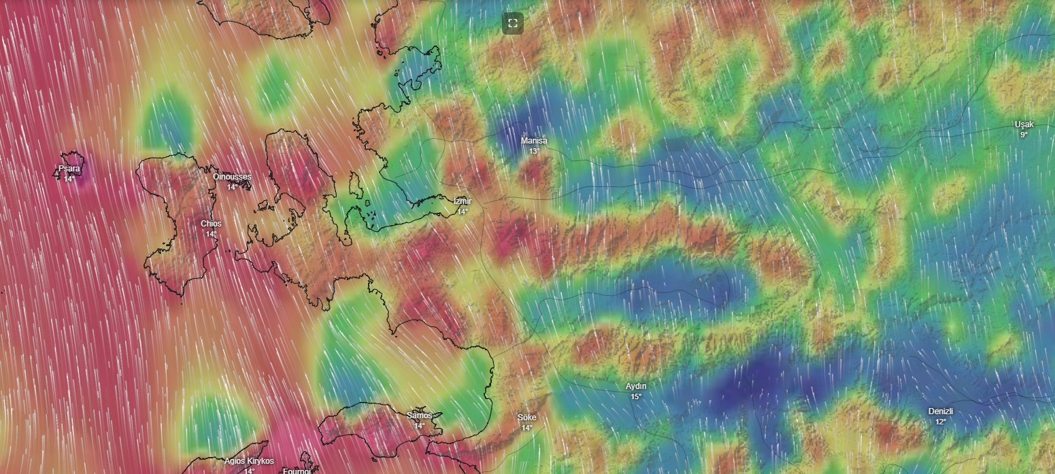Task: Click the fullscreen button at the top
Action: click(513, 23)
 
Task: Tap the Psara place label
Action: click(69, 169)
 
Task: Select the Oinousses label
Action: click(233, 177)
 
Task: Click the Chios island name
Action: click(211, 224)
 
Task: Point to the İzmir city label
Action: click(463, 201)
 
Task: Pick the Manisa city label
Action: click(534, 141)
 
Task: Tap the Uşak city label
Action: click(1024, 124)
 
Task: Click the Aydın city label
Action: click(636, 386)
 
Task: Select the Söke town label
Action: click(527, 418)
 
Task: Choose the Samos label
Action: click(419, 416)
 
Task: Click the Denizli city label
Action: click(941, 411)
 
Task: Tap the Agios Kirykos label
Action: click(249, 461)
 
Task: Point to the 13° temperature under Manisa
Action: click(534, 151)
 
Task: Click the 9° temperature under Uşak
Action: click(1024, 135)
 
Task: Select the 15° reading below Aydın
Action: click(636, 396)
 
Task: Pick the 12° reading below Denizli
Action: click(941, 422)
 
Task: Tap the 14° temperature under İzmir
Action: click(463, 211)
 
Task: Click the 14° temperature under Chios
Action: click(211, 234)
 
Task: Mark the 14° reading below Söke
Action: click(527, 428)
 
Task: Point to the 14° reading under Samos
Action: click(419, 426)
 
